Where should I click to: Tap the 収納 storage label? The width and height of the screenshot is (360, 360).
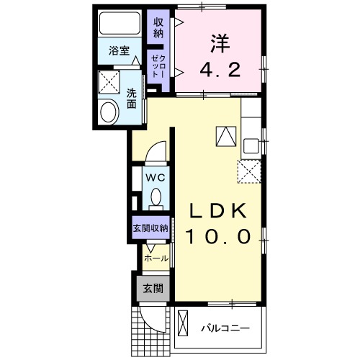click(158, 28)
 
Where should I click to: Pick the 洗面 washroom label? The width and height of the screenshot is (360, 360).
click(132, 98)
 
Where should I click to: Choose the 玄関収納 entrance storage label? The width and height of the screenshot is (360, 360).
click(150, 228)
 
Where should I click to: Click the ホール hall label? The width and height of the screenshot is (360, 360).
click(156, 258)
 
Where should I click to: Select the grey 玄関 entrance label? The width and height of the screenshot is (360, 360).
click(151, 288)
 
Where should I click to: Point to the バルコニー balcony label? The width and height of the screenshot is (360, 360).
click(225, 328)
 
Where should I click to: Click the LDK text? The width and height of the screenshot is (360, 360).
click(219, 210)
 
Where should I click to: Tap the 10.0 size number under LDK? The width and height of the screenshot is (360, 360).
click(219, 236)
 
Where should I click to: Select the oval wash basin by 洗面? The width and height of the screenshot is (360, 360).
click(109, 112)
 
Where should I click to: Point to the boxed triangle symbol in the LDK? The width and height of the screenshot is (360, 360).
click(225, 135)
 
